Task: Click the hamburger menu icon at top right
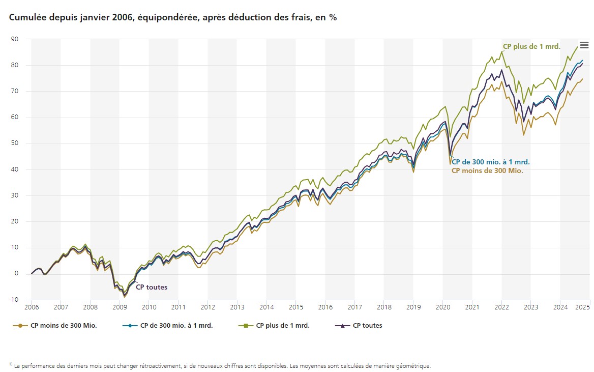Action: (x=584, y=45)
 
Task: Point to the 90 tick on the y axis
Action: (x=15, y=39)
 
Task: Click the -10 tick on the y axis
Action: (x=14, y=300)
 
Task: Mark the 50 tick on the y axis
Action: (x=15, y=144)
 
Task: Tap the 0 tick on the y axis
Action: (x=17, y=274)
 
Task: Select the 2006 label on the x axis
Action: (x=32, y=307)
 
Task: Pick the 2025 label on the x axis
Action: (x=582, y=307)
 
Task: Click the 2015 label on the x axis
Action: (x=296, y=307)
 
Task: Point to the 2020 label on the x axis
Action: (x=443, y=307)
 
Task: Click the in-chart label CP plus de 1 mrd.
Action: (x=531, y=47)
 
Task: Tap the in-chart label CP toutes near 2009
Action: (x=151, y=288)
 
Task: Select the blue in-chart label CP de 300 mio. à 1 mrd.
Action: (x=491, y=162)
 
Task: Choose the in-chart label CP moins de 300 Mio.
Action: (x=487, y=171)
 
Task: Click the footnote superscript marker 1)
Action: (x=11, y=364)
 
